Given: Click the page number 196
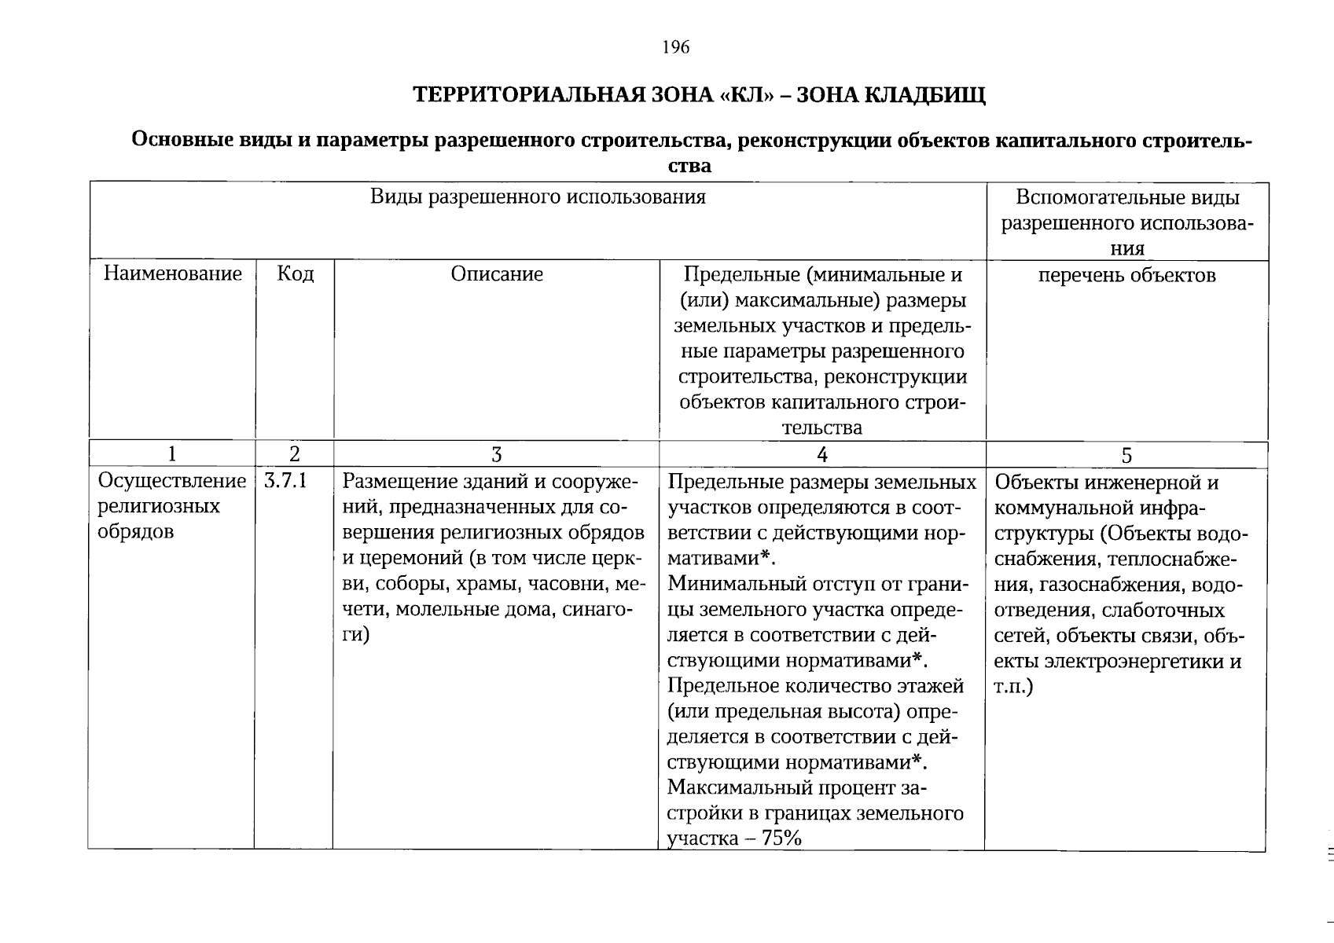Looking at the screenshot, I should coord(675,48).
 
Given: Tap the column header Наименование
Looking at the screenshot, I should coord(172,273).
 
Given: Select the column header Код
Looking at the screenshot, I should coord(295,273).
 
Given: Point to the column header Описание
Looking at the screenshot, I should coord(497,273).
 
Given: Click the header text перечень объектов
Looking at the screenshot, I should coord(1126,275).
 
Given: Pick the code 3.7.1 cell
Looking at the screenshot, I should coord(285,481).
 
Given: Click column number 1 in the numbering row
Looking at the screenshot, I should coord(171,454).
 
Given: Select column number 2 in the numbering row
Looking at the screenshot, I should coord(294,454).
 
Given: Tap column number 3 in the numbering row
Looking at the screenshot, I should coord(496,454).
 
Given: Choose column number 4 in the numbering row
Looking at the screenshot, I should coord(822,454).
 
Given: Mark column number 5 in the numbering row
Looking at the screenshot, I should coord(1126,455).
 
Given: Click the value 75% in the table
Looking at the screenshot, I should coord(781,838).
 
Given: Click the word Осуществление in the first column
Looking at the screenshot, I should coord(171,481).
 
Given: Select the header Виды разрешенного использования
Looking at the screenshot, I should coord(538,196).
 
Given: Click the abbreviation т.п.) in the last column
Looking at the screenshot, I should coord(1013,686).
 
